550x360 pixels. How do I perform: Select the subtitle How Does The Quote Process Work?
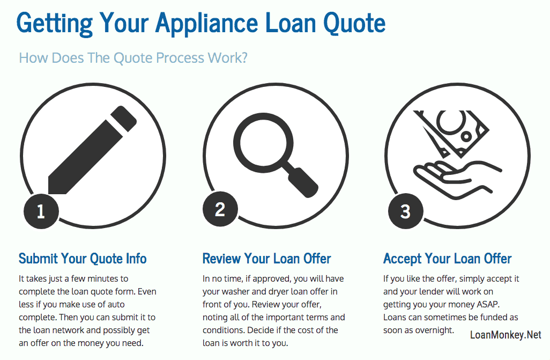pos(133,57)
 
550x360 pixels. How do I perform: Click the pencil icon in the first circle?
pos(92,150)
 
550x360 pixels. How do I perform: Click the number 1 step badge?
pos(41,211)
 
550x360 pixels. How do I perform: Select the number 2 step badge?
pos(220,209)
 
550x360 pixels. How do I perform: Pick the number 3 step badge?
pos(405,211)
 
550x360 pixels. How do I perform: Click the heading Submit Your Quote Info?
pos(83,259)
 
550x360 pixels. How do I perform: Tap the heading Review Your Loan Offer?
pos(266,259)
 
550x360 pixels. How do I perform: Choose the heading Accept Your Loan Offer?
pos(447,259)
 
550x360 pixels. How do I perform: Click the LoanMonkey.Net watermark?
pos(506,335)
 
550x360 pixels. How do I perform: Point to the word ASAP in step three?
pos(488,304)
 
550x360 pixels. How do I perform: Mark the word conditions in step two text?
pos(224,330)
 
